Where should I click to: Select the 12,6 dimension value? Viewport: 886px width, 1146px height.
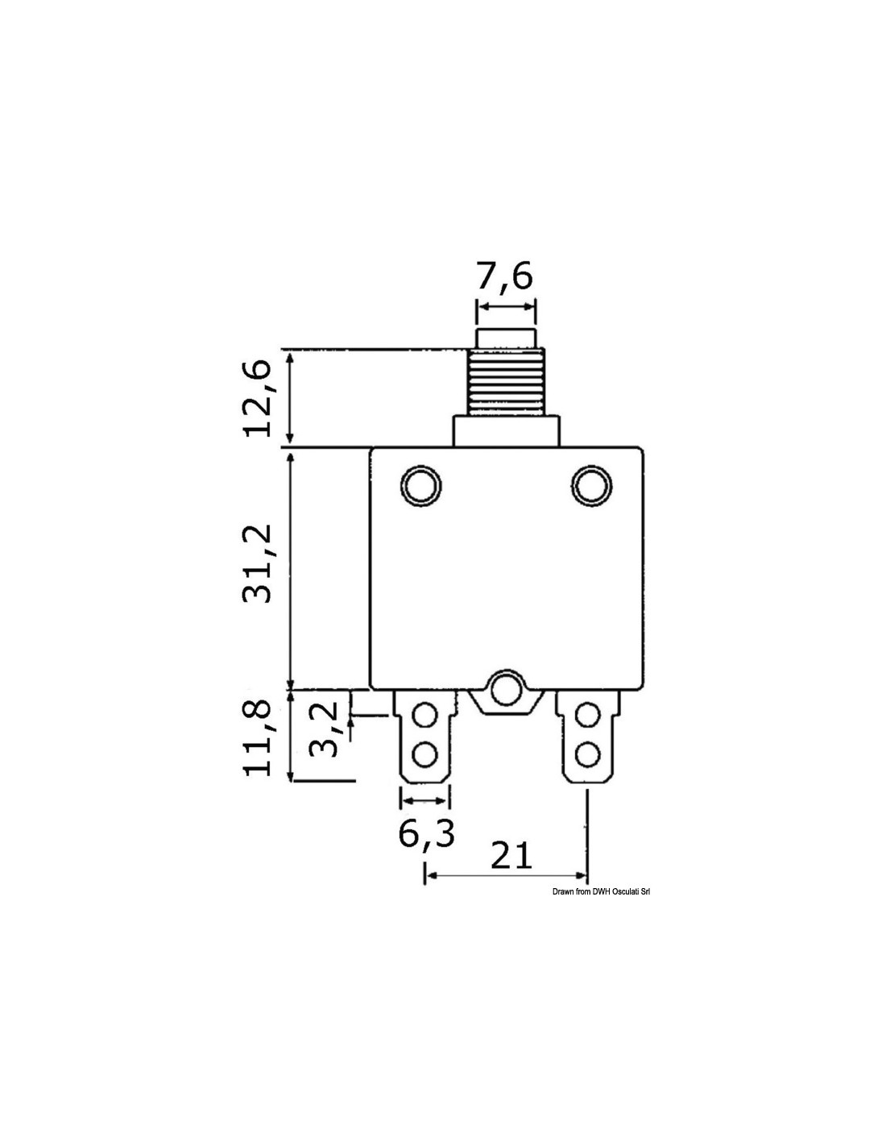(x=257, y=399)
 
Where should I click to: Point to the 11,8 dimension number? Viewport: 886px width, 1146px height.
(x=257, y=738)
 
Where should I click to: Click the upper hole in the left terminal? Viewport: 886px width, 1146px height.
(x=424, y=716)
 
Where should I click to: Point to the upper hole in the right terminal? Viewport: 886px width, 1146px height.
(x=586, y=716)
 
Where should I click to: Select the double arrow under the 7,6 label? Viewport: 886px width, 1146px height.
(x=506, y=306)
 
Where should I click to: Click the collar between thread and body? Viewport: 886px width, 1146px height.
(x=506, y=431)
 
